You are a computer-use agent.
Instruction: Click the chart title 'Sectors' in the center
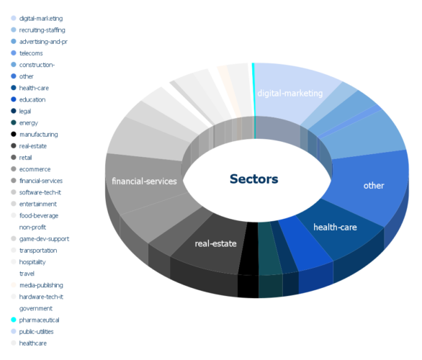253,179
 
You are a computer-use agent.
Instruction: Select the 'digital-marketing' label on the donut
290,94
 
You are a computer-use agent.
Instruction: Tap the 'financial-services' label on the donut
144,181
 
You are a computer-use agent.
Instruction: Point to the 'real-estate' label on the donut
215,243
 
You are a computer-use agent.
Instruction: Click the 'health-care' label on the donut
335,228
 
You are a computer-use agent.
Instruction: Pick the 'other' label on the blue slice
374,185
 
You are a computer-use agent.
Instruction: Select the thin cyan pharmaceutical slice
253,101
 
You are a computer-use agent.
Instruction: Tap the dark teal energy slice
269,248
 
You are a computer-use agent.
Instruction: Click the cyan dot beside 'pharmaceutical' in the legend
14,320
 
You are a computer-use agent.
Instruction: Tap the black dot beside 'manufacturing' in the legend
14,134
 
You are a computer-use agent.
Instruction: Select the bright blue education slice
305,242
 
